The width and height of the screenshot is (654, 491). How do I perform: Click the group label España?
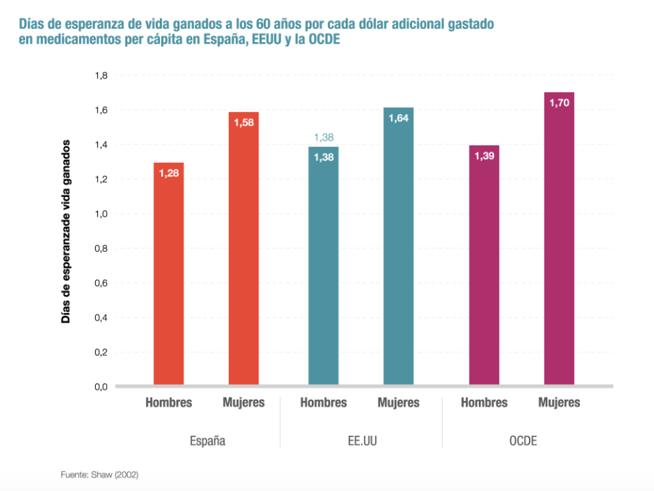point(207,440)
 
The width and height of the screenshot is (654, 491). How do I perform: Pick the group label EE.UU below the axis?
point(361,440)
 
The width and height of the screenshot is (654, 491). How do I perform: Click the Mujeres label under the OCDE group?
point(559,402)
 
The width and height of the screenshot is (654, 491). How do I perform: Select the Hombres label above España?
point(169,402)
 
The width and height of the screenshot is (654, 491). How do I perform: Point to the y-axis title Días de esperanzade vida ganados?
point(66,231)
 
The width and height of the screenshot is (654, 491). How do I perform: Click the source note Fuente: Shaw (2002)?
point(100,475)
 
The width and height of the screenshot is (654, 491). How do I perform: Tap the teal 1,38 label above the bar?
point(323,137)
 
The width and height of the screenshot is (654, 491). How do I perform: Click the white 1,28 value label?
point(169,174)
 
